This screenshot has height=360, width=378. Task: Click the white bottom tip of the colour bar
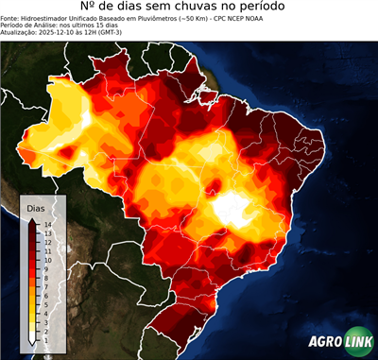[32, 340]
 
